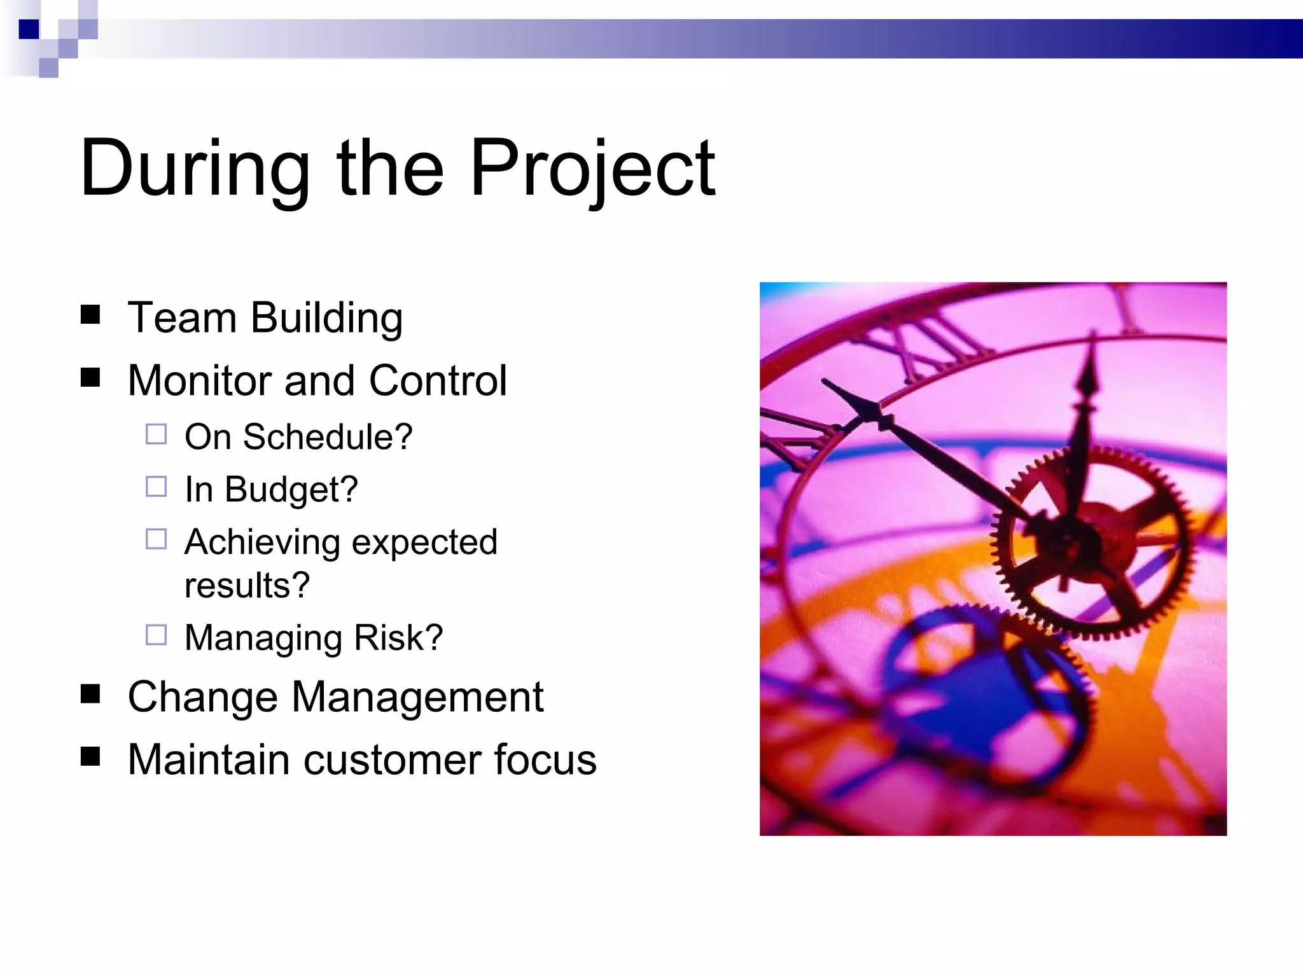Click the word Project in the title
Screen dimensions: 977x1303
tap(592, 169)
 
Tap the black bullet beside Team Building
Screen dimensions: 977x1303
tap(90, 315)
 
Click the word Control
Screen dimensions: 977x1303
tap(438, 380)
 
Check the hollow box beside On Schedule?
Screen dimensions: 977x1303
tap(156, 434)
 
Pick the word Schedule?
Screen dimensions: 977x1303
tap(328, 437)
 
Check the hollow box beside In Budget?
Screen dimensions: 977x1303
tap(156, 487)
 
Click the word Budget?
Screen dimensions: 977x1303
tap(291, 490)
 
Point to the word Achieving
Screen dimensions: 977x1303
tap(262, 543)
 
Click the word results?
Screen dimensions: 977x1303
tap(247, 585)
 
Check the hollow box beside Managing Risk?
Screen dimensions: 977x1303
tap(156, 635)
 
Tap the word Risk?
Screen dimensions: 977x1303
tap(398, 637)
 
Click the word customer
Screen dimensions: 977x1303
tap(391, 759)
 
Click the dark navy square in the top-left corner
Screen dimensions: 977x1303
tap(29, 29)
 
